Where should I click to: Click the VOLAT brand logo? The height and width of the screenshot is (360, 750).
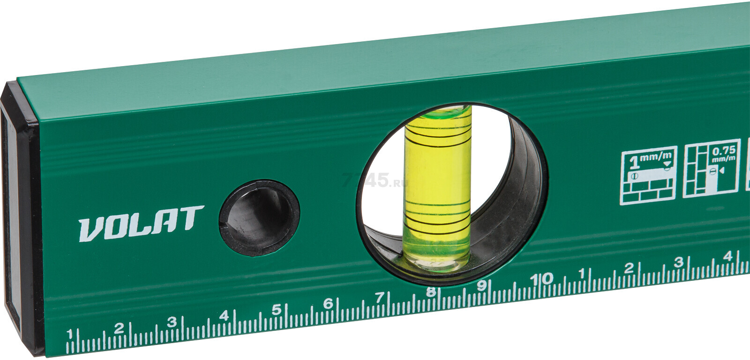point(141,223)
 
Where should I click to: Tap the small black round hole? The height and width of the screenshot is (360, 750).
point(260,218)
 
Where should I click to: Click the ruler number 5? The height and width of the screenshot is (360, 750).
point(276,310)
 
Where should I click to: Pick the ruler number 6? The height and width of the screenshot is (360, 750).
point(328,304)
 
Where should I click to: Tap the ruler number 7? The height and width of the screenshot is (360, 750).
point(379,297)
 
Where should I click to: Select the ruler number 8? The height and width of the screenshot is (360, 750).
point(431,292)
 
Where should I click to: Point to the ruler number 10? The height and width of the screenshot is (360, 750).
point(541,278)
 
